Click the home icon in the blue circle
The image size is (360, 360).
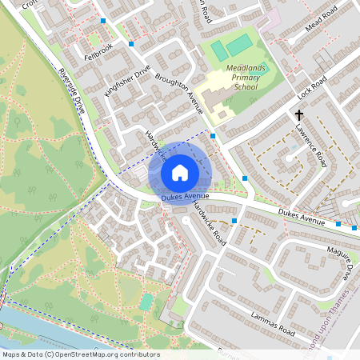[180, 172]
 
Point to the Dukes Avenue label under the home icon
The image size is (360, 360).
[185, 196]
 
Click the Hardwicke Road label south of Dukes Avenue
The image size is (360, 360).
[209, 222]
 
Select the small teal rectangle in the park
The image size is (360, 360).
[146, 302]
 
